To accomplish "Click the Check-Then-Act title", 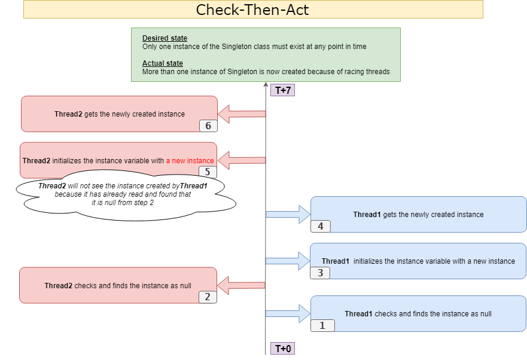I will click(252, 10).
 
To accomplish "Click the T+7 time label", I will click(282, 90).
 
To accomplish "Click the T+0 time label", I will click(282, 349).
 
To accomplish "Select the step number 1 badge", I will click(322, 325).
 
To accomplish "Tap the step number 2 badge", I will click(208, 297).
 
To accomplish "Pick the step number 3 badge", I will click(320, 273).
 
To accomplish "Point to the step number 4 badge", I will click(320, 226).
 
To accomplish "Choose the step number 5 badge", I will click(208, 172).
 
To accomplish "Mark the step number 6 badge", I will click(208, 126).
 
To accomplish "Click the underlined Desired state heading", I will click(165, 38).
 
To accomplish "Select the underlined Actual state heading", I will click(163, 63).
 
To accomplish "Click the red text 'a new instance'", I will click(190, 161).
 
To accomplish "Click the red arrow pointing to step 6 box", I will click(241, 113).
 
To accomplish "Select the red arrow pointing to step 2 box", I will click(241, 285).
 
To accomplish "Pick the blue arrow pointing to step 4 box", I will click(288, 214).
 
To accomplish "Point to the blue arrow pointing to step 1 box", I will click(288, 313).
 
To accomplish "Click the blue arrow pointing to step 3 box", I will click(288, 261).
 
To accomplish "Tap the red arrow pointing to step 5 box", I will click(241, 160).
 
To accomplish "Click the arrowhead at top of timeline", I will click(266, 86).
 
